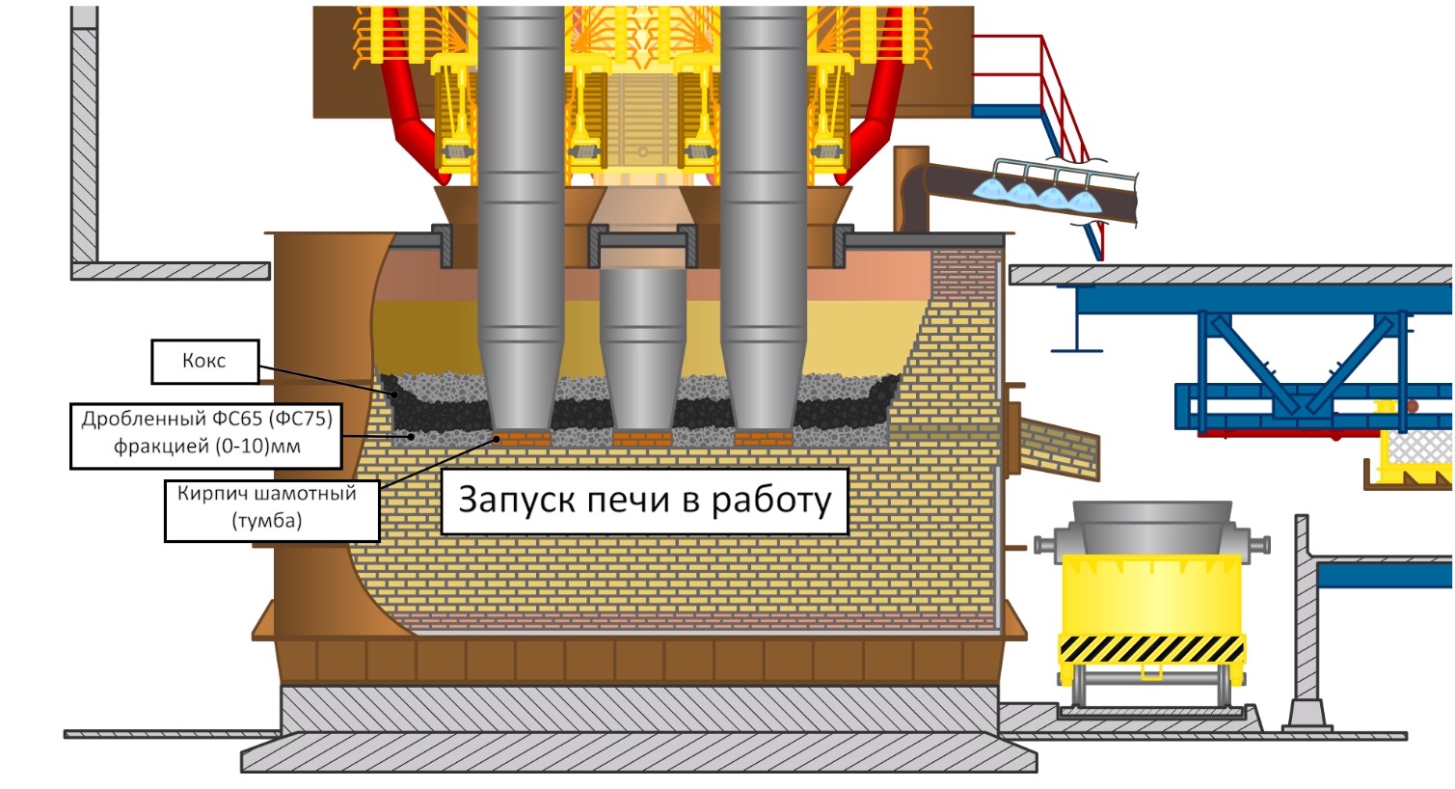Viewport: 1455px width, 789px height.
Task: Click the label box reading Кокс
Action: (x=204, y=361)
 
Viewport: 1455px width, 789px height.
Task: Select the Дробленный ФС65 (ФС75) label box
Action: (x=206, y=433)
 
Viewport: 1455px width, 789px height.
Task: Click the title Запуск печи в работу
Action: (x=644, y=501)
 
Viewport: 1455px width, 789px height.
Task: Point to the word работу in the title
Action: (x=770, y=501)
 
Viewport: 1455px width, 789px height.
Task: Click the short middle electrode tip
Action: (x=642, y=386)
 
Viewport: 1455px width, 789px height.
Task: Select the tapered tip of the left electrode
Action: (x=521, y=386)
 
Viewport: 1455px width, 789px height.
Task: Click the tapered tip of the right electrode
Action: (x=763, y=386)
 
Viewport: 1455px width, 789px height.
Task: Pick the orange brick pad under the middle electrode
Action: (x=642, y=439)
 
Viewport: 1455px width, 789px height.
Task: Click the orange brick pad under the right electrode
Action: (x=762, y=439)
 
